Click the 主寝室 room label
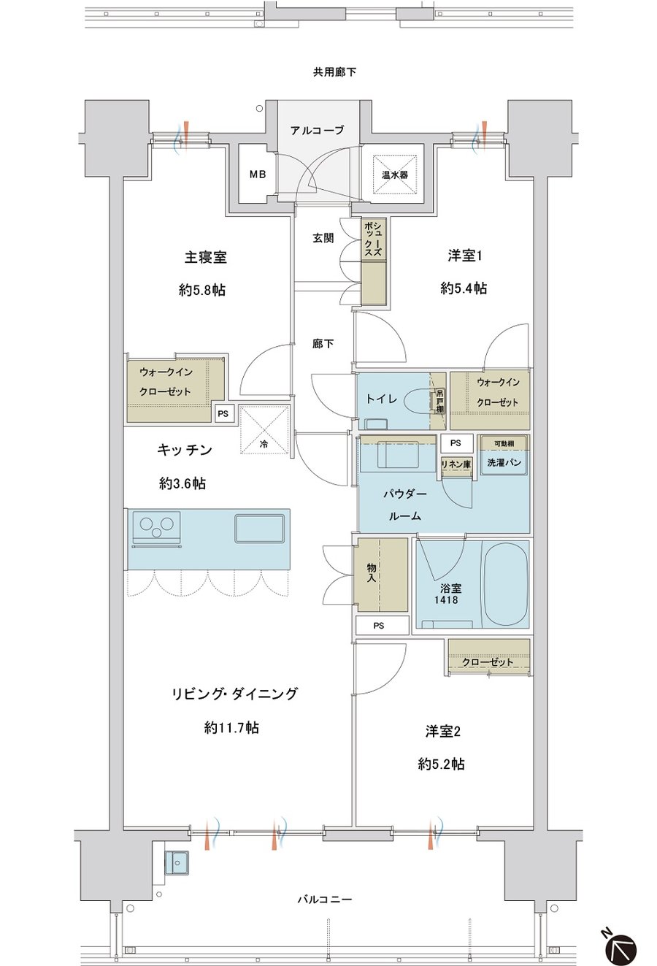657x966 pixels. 206,258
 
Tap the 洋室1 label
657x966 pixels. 465,256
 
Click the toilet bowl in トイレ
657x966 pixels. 418,401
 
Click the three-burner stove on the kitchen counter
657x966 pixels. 156,527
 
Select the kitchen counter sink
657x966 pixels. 260,529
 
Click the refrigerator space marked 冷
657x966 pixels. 264,429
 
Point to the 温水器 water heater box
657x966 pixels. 394,175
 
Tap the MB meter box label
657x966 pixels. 258,175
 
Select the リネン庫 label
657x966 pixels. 456,464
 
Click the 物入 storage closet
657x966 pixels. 380,574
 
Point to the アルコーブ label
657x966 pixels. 318,130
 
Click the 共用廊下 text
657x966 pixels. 334,72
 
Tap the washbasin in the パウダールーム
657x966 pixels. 398,456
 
